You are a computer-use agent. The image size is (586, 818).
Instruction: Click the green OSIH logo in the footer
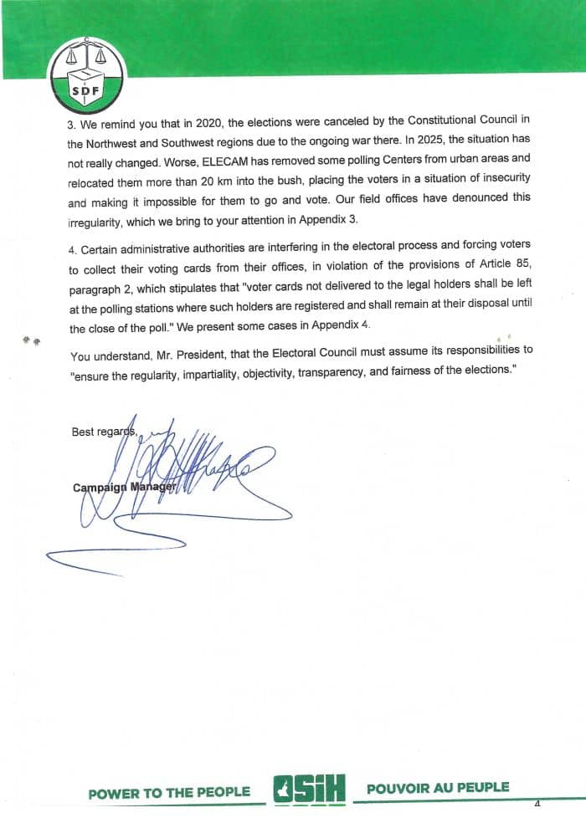(x=310, y=790)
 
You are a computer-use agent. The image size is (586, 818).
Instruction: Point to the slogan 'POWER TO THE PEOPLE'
(x=169, y=792)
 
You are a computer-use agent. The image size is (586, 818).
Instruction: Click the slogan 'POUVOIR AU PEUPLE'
(x=438, y=788)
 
